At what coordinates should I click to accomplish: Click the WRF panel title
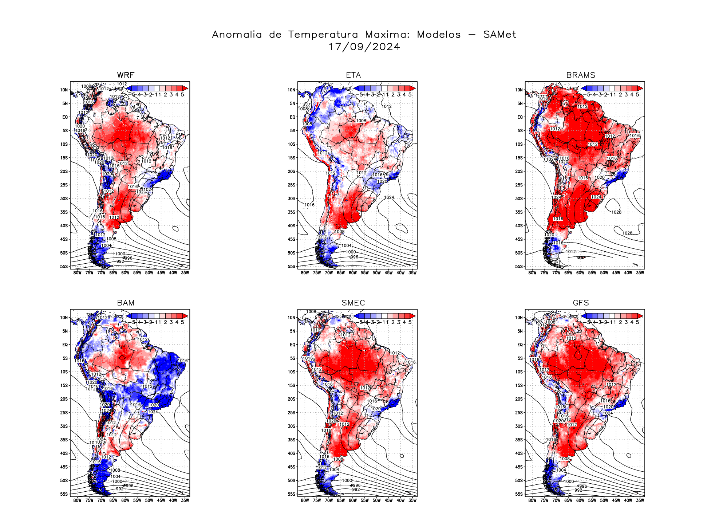(126, 75)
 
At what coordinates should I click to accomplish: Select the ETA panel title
(353, 75)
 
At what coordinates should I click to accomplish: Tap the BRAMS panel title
(581, 75)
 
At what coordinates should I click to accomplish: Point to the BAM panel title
(126, 303)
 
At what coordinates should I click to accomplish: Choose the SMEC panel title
(353, 303)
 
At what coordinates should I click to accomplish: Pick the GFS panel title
(581, 303)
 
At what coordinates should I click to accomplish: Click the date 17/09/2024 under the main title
(364, 47)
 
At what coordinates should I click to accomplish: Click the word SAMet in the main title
(499, 35)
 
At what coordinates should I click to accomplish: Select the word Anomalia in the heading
(237, 35)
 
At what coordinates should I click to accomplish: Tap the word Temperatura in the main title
(323, 35)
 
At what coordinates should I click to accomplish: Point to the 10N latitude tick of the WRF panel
(64, 90)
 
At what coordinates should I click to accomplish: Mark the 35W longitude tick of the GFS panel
(640, 500)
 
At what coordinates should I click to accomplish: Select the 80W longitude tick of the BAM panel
(77, 500)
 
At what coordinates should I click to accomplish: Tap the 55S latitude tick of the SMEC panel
(292, 494)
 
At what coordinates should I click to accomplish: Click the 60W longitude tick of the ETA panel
(353, 273)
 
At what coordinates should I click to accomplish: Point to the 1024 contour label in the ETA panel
(389, 197)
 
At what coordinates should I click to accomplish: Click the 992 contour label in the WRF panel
(120, 261)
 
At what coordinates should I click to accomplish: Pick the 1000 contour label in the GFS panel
(569, 481)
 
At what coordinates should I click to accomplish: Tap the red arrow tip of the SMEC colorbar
(413, 316)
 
